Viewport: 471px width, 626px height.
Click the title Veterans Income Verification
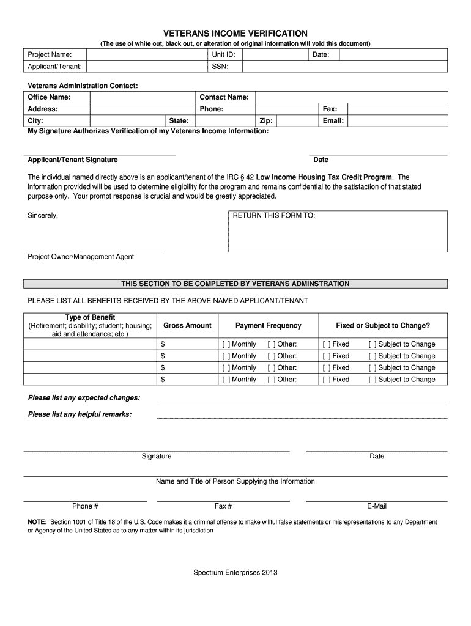tap(235, 33)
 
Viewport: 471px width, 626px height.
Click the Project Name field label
tap(50, 55)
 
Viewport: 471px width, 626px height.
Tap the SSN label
tap(220, 66)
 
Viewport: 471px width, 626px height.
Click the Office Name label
tap(50, 97)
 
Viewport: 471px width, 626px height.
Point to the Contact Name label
tap(224, 97)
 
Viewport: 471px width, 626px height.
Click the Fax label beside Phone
tap(330, 109)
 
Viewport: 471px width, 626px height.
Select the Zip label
tap(266, 121)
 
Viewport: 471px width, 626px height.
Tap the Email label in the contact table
tap(333, 121)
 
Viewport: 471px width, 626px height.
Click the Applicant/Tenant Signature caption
tap(73, 160)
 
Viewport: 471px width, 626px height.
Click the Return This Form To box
tap(338, 231)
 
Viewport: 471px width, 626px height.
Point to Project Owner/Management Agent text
tap(81, 257)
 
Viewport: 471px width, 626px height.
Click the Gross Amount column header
tap(187, 326)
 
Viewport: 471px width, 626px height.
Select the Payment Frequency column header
tap(268, 326)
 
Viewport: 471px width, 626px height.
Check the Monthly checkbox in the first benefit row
tap(226, 344)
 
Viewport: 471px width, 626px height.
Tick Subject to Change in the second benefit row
tap(372, 356)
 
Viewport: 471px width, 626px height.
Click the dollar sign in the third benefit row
tap(163, 368)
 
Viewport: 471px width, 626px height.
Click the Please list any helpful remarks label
tap(80, 414)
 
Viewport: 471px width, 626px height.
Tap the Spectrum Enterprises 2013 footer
tap(236, 573)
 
